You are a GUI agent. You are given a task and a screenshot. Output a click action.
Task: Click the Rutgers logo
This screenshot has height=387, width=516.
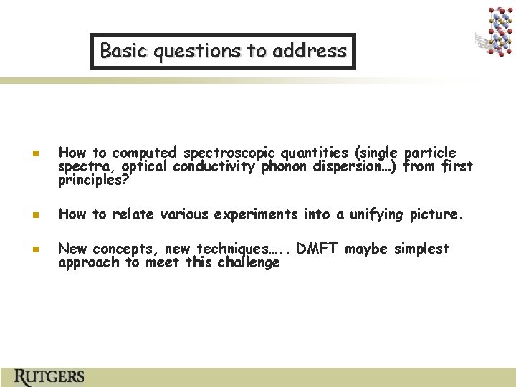tap(49, 376)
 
